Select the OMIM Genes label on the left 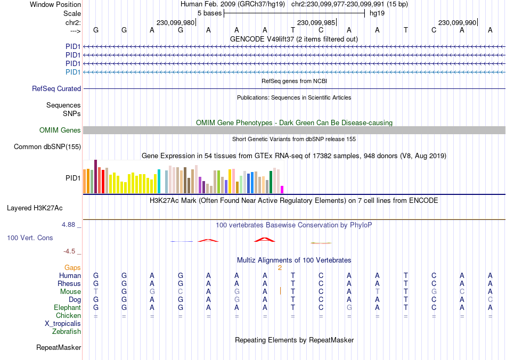pyautogui.click(x=60, y=130)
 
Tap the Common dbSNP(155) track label pyautogui.click(x=47, y=147)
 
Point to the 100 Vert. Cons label pyautogui.click(x=30, y=238)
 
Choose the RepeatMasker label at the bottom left pyautogui.click(x=59, y=348)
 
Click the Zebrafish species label pyautogui.click(x=67, y=332)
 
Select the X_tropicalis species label pyautogui.click(x=63, y=324)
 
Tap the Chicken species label pyautogui.click(x=68, y=316)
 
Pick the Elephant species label pyautogui.click(x=67, y=308)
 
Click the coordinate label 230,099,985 pyautogui.click(x=316, y=23)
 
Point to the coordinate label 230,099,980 pyautogui.click(x=175, y=23)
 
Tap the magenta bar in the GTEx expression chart pyautogui.click(x=282, y=190)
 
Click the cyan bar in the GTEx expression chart pyautogui.click(x=159, y=182)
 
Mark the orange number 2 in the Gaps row pyautogui.click(x=280, y=268)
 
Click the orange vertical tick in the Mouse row pyautogui.click(x=280, y=291)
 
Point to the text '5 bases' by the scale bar pyautogui.click(x=209, y=13)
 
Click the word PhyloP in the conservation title pyautogui.click(x=361, y=225)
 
